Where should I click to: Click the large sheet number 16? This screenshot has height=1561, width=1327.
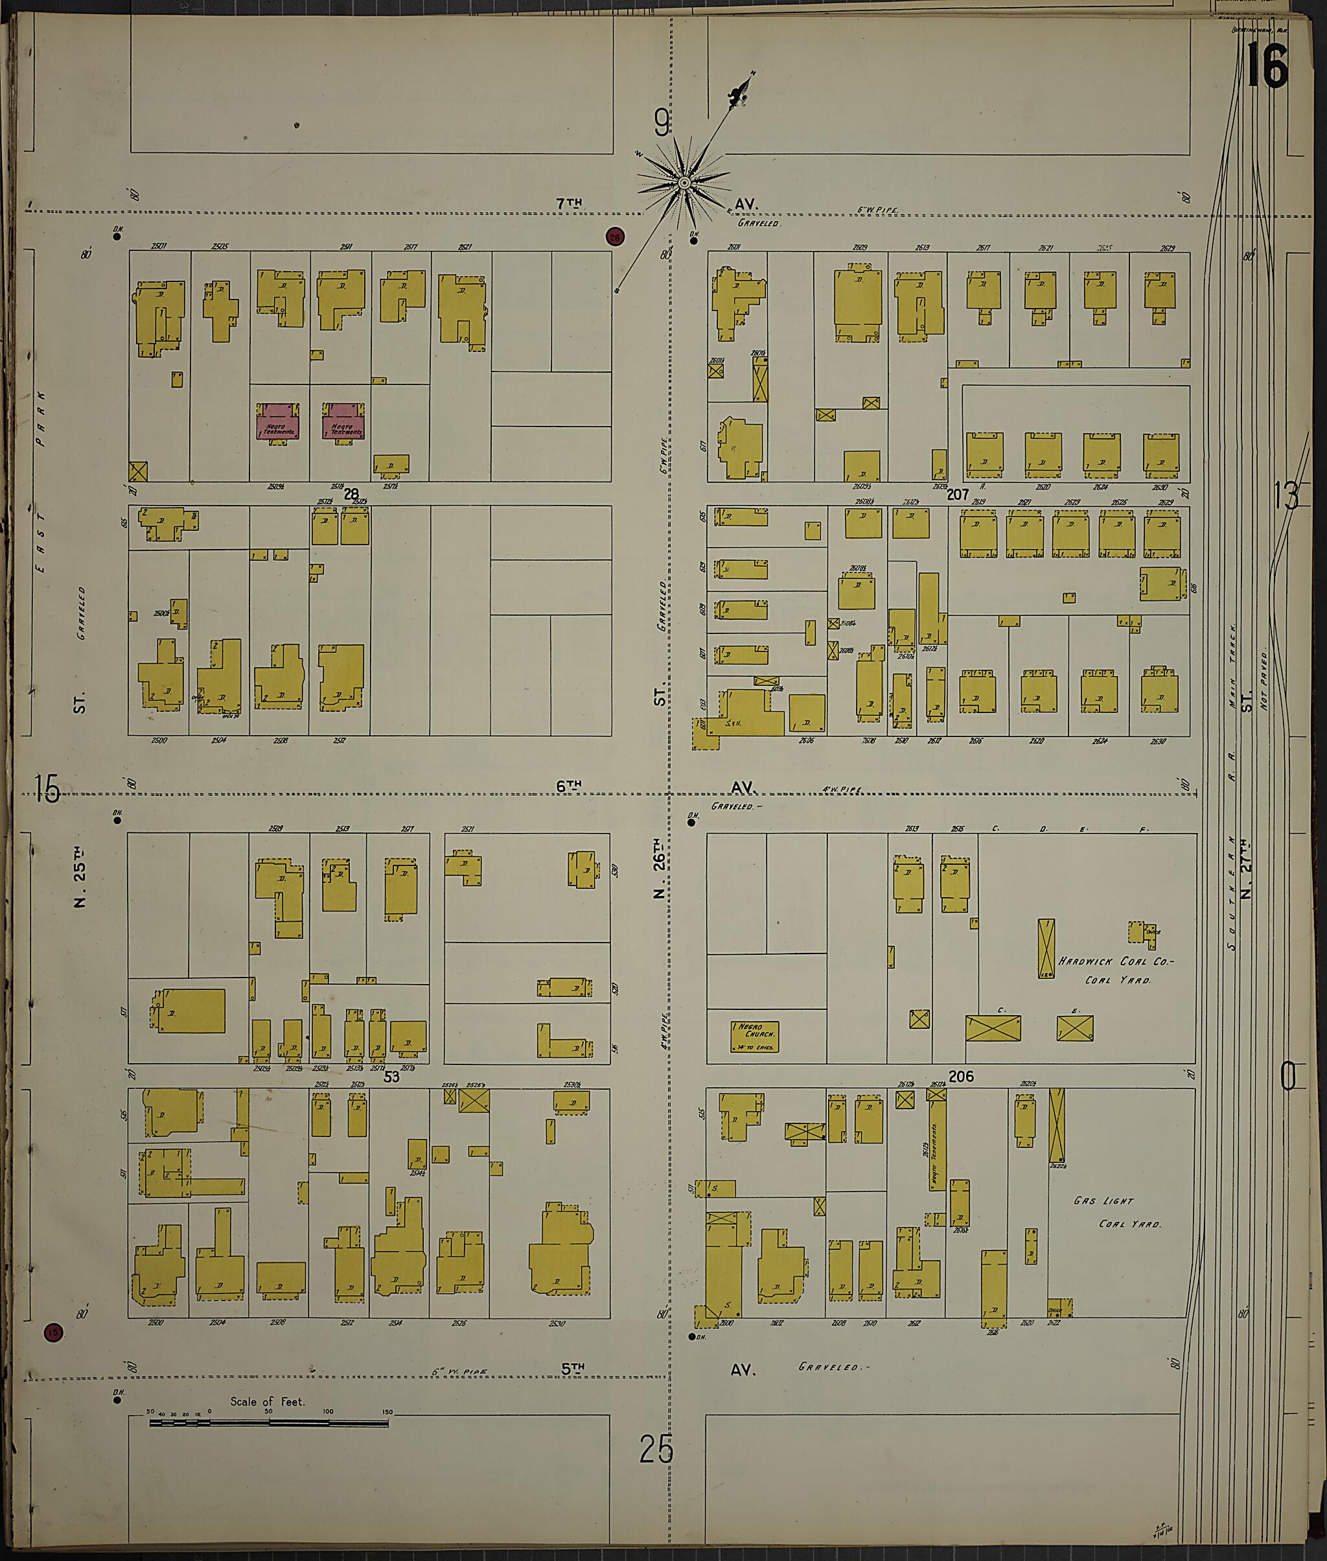[x=1267, y=66]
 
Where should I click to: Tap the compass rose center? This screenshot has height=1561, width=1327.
[x=685, y=183]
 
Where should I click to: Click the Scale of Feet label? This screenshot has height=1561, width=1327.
[x=267, y=1402]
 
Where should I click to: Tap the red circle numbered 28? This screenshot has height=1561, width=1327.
[x=616, y=238]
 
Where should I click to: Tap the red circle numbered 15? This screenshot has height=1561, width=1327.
[x=52, y=1332]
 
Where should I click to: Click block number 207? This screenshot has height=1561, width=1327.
[x=957, y=495]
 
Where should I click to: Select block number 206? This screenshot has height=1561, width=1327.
[x=961, y=1077]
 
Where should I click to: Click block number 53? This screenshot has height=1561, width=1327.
[x=391, y=1077]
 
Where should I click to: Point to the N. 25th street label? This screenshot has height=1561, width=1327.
[x=80, y=877]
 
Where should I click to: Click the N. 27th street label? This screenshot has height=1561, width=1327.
[x=1247, y=868]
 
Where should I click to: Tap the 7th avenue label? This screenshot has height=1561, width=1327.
[x=570, y=203]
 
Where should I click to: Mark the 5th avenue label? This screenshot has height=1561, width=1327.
[x=573, y=1369]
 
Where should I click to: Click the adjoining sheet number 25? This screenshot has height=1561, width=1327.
[x=656, y=1449]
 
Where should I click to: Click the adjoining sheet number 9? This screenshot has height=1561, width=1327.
[x=662, y=123]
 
